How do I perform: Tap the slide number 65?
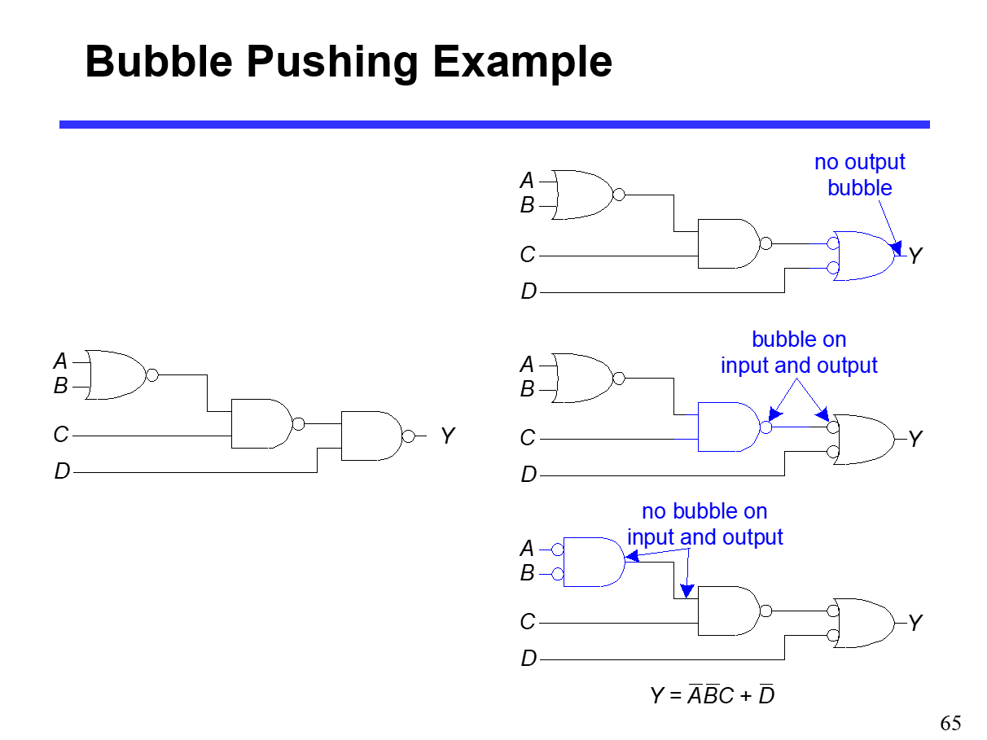click(x=950, y=722)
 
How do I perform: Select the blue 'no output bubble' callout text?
click(x=859, y=174)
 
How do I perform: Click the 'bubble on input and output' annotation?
click(x=799, y=352)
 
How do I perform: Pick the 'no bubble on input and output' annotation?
click(x=704, y=524)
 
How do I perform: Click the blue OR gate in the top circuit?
click(x=864, y=256)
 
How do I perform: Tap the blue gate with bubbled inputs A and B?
click(x=593, y=562)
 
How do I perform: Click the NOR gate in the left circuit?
click(x=116, y=374)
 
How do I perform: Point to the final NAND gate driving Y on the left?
click(x=371, y=436)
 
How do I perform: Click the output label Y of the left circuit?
click(x=447, y=436)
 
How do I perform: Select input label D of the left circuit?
click(x=62, y=471)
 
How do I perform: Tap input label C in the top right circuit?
click(x=528, y=256)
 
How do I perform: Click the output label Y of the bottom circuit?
click(x=915, y=624)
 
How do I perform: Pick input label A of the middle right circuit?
click(x=528, y=364)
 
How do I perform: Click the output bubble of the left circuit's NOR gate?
click(x=151, y=375)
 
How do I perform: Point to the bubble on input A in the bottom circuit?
click(x=558, y=550)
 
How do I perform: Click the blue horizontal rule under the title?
click(x=494, y=125)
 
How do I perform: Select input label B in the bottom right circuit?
click(x=528, y=574)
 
